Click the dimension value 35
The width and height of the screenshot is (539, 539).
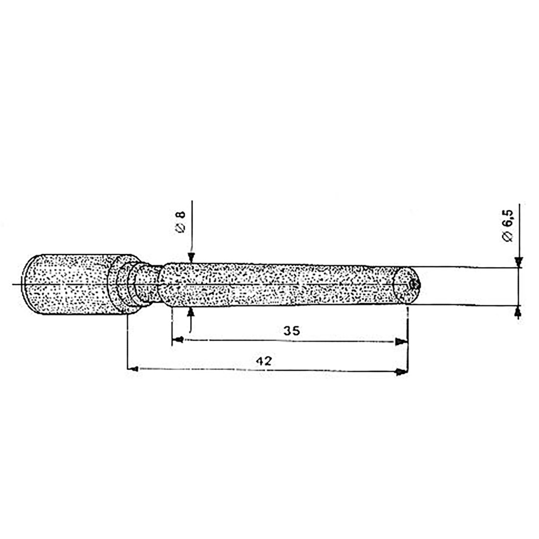(291, 331)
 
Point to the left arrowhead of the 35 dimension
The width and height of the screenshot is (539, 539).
(178, 339)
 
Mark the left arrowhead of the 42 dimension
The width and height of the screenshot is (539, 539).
(132, 369)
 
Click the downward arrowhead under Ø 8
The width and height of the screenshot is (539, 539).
(191, 258)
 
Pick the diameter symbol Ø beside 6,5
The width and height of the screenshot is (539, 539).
(507, 236)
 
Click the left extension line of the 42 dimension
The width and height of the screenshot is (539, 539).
(127, 343)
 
